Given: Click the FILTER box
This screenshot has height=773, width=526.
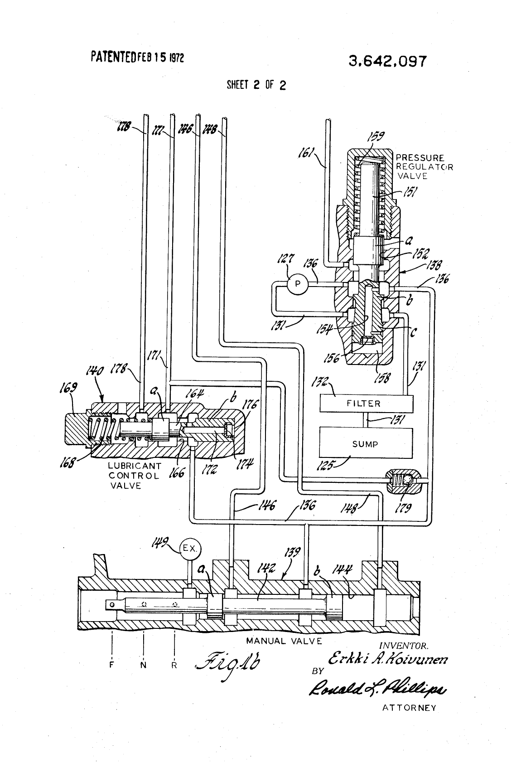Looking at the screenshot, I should pyautogui.click(x=366, y=403).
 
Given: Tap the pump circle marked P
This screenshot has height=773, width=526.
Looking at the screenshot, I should pyautogui.click(x=298, y=284).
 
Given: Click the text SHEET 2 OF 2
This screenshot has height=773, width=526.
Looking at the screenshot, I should pyautogui.click(x=256, y=85).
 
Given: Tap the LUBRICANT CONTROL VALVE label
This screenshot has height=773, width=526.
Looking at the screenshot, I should pyautogui.click(x=134, y=476).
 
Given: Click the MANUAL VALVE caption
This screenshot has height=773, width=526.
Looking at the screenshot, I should pyautogui.click(x=284, y=641).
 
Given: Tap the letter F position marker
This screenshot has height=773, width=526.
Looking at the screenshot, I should pyautogui.click(x=111, y=666).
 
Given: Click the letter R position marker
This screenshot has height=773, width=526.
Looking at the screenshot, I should pyautogui.click(x=174, y=666).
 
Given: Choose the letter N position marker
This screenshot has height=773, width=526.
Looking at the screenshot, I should pyautogui.click(x=143, y=666).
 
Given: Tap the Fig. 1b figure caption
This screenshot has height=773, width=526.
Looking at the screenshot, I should pyautogui.click(x=233, y=666).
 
